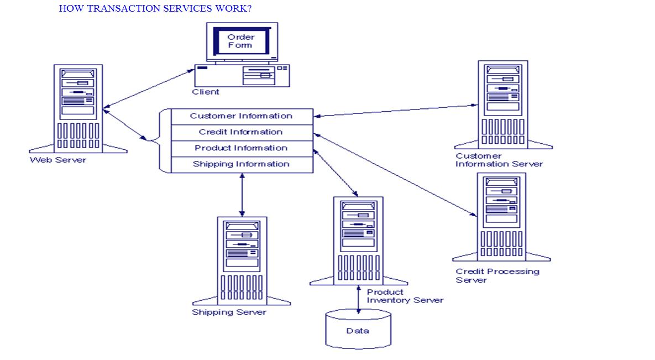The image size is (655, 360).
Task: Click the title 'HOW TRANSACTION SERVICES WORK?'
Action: (155, 9)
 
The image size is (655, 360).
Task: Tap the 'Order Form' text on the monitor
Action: (240, 41)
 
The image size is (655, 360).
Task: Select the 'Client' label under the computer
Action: (206, 92)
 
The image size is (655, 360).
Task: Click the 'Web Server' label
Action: (57, 160)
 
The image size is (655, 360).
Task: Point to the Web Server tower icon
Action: (78, 108)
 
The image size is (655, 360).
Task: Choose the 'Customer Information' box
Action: (242, 116)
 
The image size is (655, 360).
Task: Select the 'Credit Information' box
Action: (242, 132)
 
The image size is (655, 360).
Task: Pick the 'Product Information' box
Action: (242, 148)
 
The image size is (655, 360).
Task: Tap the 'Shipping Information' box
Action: (242, 164)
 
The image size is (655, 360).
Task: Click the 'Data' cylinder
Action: (358, 331)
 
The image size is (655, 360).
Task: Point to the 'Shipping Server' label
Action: (229, 312)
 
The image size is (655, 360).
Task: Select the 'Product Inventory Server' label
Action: (405, 296)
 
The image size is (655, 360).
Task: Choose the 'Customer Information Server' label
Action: (499, 160)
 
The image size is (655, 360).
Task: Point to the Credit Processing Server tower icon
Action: (501, 216)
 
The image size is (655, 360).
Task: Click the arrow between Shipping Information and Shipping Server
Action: (242, 195)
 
